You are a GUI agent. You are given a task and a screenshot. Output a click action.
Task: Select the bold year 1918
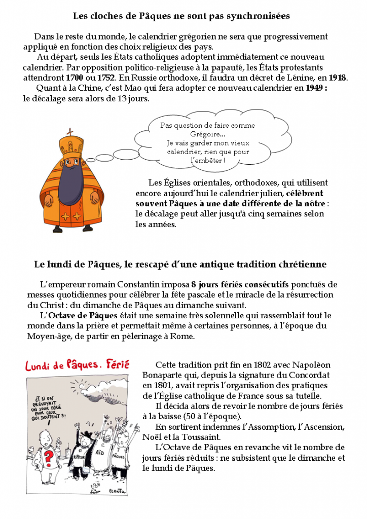(337, 78)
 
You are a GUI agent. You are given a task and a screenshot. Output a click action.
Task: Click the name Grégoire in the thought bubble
(207, 134)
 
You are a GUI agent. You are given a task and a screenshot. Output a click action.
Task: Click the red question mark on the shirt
(49, 460)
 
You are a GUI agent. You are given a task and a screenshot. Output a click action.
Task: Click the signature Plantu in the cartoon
(118, 491)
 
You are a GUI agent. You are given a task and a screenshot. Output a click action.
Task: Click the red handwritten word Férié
(118, 364)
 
